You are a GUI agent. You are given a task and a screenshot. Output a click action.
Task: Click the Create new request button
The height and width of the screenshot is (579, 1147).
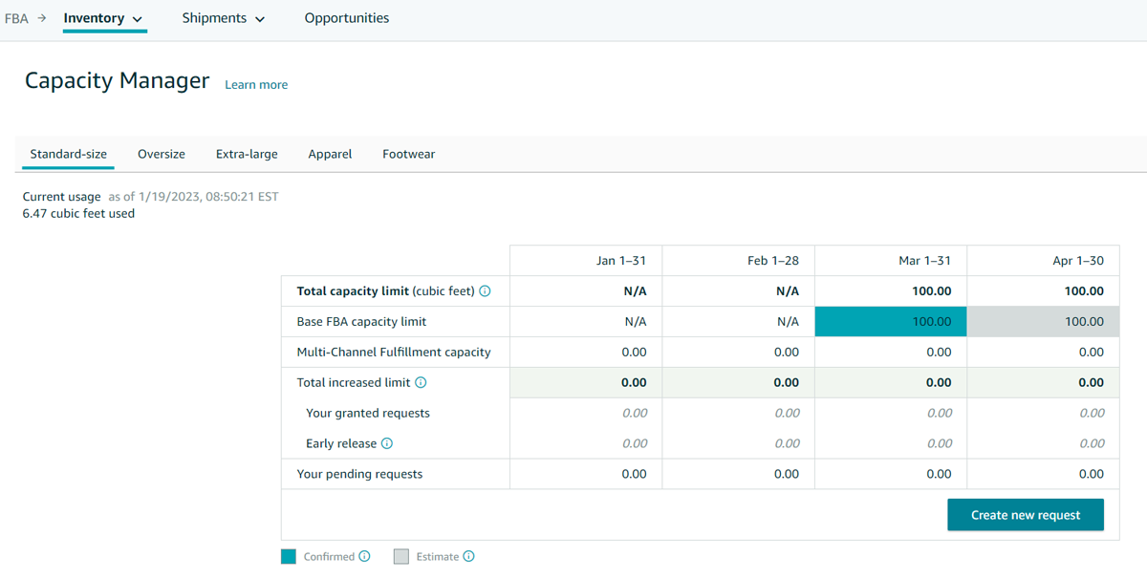pyautogui.click(x=1026, y=515)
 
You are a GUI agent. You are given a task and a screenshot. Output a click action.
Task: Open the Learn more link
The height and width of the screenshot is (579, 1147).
pyautogui.click(x=256, y=85)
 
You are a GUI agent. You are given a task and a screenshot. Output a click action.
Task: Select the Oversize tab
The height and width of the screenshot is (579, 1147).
pyautogui.click(x=162, y=154)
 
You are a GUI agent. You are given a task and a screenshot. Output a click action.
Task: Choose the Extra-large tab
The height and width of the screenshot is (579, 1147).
pyautogui.click(x=247, y=154)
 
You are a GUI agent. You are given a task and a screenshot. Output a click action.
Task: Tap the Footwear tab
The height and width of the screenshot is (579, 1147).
pyautogui.click(x=408, y=154)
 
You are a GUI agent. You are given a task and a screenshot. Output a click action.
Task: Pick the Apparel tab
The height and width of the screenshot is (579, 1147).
pyautogui.click(x=330, y=154)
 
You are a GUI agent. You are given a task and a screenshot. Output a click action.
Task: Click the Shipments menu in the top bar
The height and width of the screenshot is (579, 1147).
pyautogui.click(x=223, y=18)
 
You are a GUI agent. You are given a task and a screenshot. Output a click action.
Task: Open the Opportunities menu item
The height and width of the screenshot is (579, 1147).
pyautogui.click(x=347, y=18)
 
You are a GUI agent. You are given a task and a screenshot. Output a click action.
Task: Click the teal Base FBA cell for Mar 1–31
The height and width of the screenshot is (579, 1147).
pyautogui.click(x=891, y=322)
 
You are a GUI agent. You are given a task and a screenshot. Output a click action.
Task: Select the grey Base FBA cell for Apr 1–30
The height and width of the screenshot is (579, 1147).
pyautogui.click(x=1043, y=322)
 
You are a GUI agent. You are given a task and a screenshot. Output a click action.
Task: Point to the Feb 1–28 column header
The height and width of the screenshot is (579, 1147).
pyautogui.click(x=773, y=261)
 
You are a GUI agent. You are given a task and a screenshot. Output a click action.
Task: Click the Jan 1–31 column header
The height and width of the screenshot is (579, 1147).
pyautogui.click(x=620, y=261)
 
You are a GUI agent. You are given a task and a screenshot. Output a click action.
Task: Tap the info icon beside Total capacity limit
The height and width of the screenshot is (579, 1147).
pyautogui.click(x=485, y=291)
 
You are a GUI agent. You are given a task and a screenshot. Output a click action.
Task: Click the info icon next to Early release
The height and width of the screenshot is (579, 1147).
pyautogui.click(x=387, y=443)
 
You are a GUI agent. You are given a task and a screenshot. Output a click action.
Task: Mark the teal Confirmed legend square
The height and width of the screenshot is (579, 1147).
pyautogui.click(x=289, y=557)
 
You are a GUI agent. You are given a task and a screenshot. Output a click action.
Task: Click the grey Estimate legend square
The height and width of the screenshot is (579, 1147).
pyautogui.click(x=401, y=557)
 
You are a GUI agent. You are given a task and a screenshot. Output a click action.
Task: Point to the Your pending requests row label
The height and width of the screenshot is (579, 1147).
pyautogui.click(x=359, y=474)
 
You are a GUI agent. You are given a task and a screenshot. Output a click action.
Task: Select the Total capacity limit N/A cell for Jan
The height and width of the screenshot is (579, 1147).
pyautogui.click(x=635, y=291)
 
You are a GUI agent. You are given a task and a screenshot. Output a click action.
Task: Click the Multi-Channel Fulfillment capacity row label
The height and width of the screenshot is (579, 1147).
pyautogui.click(x=394, y=353)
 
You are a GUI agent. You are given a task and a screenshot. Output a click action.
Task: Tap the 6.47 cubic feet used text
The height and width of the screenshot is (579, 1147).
pyautogui.click(x=78, y=214)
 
